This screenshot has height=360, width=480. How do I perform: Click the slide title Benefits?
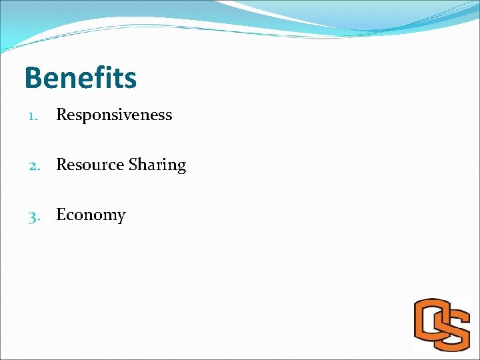[x=80, y=77]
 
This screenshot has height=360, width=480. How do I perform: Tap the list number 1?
[x=32, y=115]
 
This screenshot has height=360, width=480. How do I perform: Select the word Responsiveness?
[x=114, y=115]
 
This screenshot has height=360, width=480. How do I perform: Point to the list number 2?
[x=32, y=165]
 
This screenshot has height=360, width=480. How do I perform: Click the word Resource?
[x=87, y=165]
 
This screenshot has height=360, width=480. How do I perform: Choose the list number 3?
[x=32, y=215]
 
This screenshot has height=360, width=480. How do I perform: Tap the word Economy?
[x=91, y=215]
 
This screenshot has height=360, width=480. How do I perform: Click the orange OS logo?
[x=441, y=325]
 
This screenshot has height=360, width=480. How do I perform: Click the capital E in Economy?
[x=61, y=215]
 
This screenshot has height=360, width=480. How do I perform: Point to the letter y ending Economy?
[x=121, y=217]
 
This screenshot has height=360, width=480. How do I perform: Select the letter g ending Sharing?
[x=181, y=167]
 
